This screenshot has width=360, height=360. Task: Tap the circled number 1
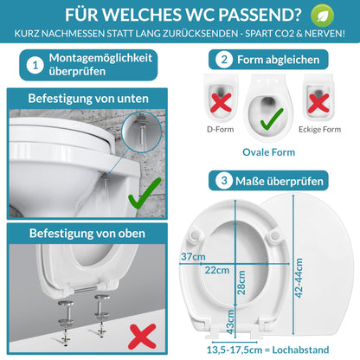click(35, 65)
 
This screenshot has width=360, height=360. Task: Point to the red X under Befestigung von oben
click(142, 332)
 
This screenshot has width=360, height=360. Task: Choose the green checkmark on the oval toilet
click(270, 115)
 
